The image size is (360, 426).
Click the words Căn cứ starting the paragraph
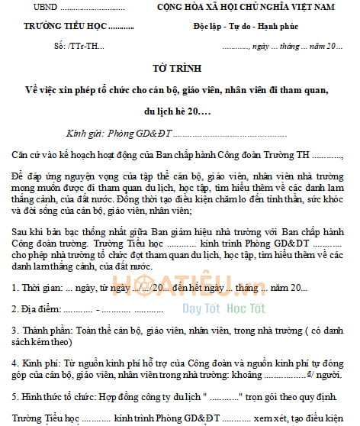pyautogui.click(x=31, y=154)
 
